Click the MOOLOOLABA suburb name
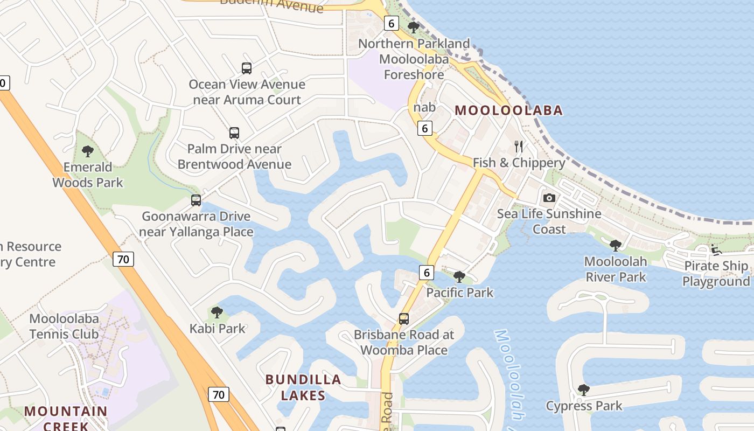[509, 110]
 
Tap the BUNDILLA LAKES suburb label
[303, 387]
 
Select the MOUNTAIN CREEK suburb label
[66, 418]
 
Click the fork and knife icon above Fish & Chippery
[519, 146]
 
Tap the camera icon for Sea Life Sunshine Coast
[549, 198]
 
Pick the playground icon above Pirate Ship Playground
[716, 249]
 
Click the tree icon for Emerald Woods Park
[88, 151]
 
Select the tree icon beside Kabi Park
[217, 312]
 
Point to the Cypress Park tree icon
[583, 390]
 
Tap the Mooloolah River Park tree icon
[616, 246]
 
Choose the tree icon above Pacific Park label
[459, 277]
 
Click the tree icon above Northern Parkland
[414, 27]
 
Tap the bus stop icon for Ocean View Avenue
[247, 68]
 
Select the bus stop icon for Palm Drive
[234, 133]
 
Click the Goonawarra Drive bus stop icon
[196, 200]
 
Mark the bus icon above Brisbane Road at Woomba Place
[404, 318]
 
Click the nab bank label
[424, 107]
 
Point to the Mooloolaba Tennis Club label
[64, 326]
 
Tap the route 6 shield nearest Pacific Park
[427, 273]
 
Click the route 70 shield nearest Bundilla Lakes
[218, 394]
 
